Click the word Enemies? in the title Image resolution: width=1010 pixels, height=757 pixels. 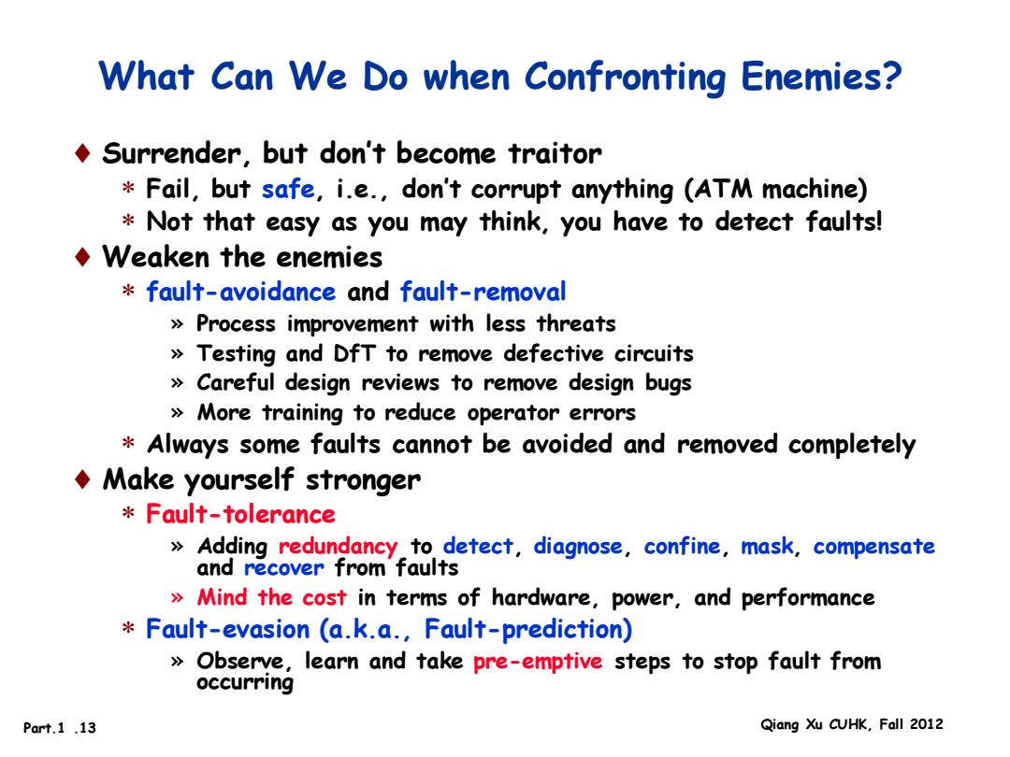coord(821,77)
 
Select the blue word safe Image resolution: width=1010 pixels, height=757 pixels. coord(288,189)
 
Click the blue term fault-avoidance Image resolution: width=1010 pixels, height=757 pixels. coord(241,292)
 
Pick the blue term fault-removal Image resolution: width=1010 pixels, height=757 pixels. coord(483,292)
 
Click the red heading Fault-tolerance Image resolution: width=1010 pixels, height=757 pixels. coord(240,514)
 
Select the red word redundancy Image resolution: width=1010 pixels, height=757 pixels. coord(338,547)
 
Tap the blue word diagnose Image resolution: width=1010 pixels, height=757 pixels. coord(578,547)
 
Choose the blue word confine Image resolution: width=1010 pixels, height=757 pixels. coord(682,546)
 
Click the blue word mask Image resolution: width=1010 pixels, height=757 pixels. coord(767,546)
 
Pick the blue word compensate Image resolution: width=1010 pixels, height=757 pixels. coord(873,547)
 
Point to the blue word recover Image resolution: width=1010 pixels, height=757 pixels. coord(283,568)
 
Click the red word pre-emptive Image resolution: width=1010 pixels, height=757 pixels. coord(538,661)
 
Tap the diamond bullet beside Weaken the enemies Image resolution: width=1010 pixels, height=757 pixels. coord(82,257)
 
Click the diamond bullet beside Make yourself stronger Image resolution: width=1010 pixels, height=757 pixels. coord(82,479)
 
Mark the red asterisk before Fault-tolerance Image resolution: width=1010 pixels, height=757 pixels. coord(128,513)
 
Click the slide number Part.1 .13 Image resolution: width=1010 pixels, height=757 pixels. coord(59,728)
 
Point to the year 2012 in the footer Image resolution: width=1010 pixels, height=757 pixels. coord(926,724)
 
